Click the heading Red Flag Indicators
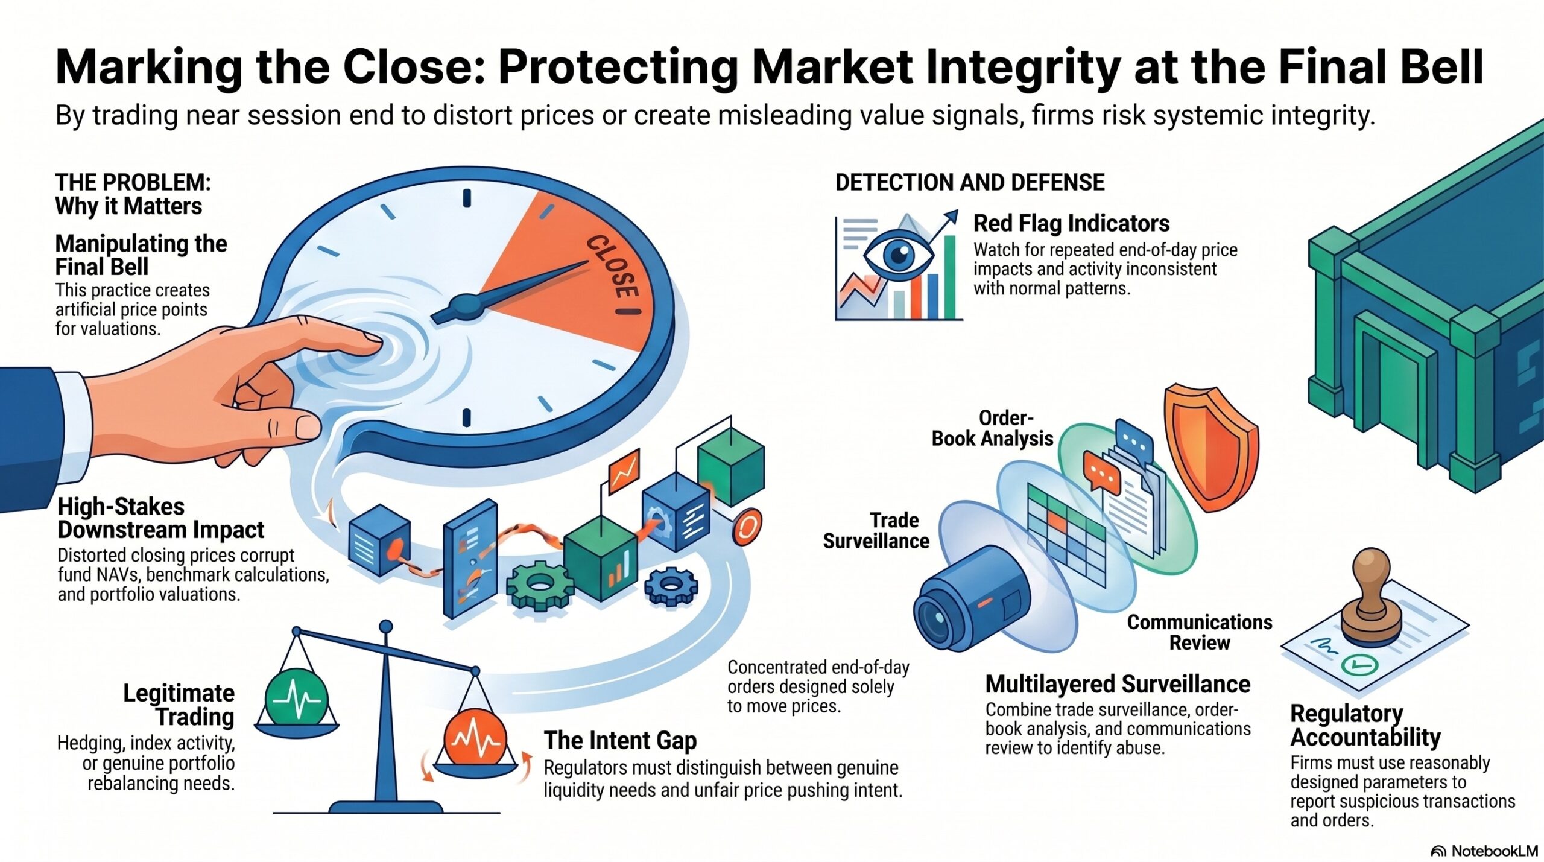pos(1071,223)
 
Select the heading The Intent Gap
pos(620,740)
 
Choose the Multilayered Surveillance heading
pos(1118,684)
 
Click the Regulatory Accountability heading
pos(1365,725)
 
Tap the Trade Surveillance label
pos(876,530)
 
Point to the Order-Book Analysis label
pos(992,428)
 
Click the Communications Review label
pos(1200,632)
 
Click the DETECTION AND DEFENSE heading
pos(970,182)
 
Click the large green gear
pos(539,583)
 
